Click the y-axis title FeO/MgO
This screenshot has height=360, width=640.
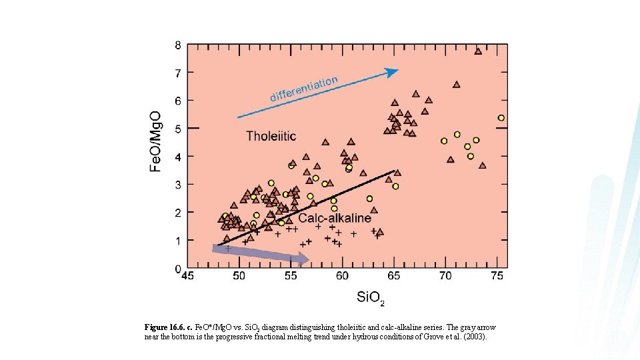click(x=155, y=141)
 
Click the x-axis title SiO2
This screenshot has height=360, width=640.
click(x=370, y=297)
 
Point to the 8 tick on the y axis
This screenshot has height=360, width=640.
click(x=178, y=45)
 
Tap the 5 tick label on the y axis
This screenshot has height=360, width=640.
click(x=178, y=128)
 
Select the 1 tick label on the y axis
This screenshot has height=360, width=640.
click(x=178, y=240)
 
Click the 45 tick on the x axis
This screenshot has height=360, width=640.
click(x=187, y=276)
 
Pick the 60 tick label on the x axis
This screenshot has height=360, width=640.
click(x=342, y=276)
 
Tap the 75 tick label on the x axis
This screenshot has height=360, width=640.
click(x=497, y=276)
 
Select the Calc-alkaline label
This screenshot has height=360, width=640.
click(x=335, y=218)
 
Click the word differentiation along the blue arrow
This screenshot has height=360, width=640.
click(x=304, y=89)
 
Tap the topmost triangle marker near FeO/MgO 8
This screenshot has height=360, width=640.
click(x=478, y=51)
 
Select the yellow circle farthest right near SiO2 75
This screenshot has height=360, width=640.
click(x=501, y=118)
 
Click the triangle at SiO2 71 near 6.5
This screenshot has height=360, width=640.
click(x=457, y=85)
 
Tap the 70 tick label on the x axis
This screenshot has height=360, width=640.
click(x=445, y=276)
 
